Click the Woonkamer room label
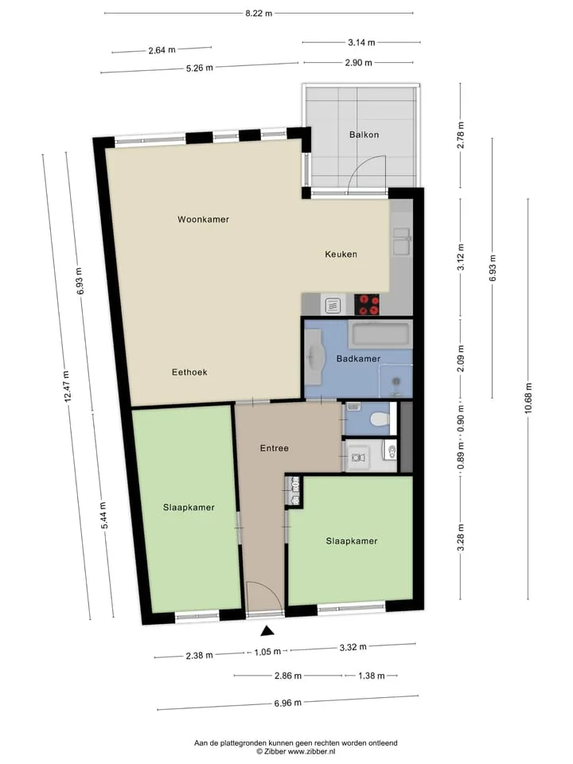[x=203, y=220]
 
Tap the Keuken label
[x=341, y=254]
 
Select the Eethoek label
[x=189, y=372]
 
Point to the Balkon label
[x=364, y=134]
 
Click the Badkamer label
[x=358, y=359]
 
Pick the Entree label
[x=275, y=448]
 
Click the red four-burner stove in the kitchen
[x=367, y=305]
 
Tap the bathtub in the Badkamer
[x=380, y=333]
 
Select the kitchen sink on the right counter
[x=401, y=240]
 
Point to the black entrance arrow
[x=267, y=631]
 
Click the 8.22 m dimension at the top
[x=259, y=14]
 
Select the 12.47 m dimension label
[x=66, y=386]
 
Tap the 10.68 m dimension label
[x=528, y=399]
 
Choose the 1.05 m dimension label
[x=267, y=652]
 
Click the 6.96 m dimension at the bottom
[x=287, y=703]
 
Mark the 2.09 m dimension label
[x=461, y=358]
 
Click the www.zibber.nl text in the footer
[x=311, y=752]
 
